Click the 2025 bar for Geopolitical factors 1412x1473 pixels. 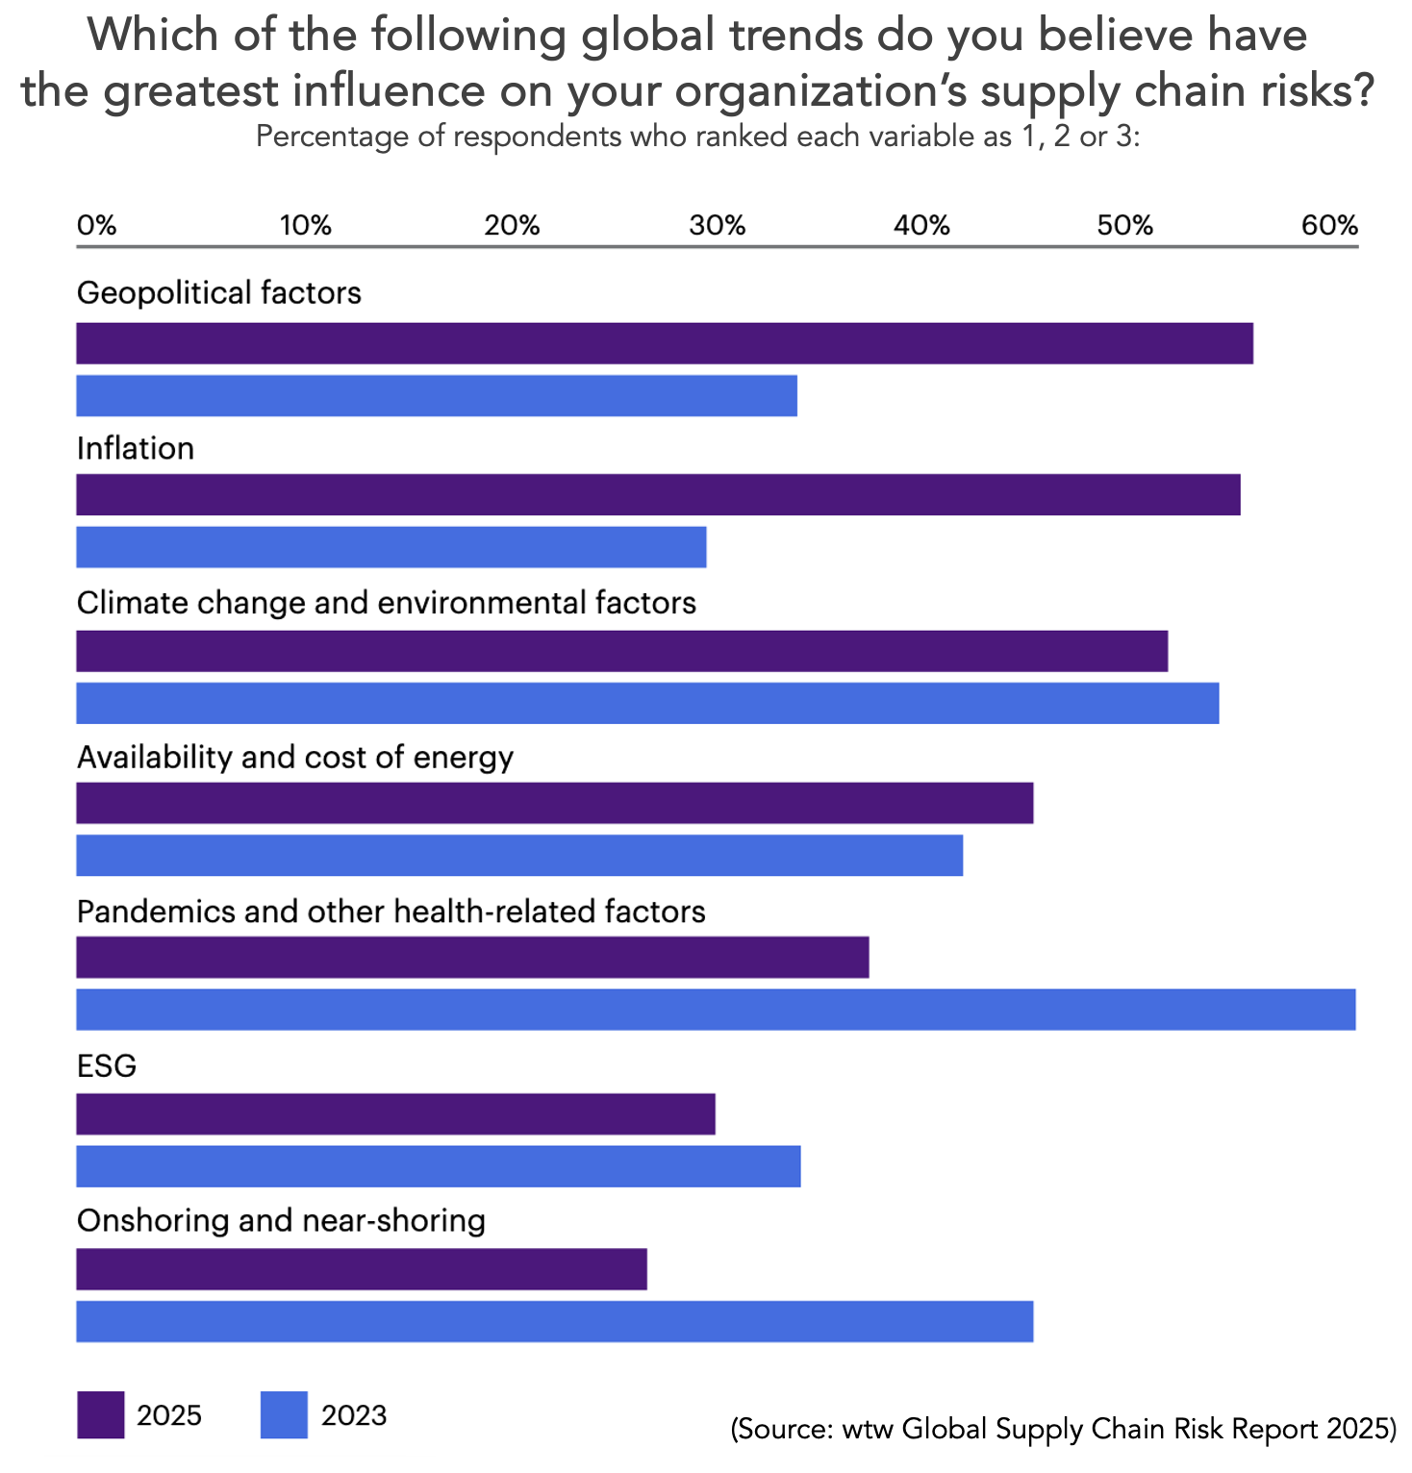[x=664, y=343]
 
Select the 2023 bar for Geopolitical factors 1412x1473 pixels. [x=437, y=395]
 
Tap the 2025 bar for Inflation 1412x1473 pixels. [x=658, y=494]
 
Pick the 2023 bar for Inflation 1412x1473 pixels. [x=391, y=547]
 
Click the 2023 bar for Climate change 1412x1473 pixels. [x=647, y=703]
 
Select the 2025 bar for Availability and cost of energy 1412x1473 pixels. [x=555, y=803]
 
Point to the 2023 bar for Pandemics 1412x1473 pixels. [x=716, y=1010]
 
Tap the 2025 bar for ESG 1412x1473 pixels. [x=395, y=1113]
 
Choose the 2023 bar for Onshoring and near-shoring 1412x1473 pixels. [x=555, y=1321]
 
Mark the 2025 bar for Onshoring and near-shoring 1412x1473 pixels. [x=362, y=1269]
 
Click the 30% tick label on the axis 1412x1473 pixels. [x=717, y=226]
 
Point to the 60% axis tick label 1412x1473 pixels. [x=1329, y=226]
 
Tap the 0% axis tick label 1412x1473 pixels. [x=96, y=226]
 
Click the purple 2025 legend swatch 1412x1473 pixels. [x=101, y=1414]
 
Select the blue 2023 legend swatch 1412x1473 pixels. [x=284, y=1414]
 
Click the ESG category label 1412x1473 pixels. [x=107, y=1066]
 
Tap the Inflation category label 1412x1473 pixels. [x=136, y=449]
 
